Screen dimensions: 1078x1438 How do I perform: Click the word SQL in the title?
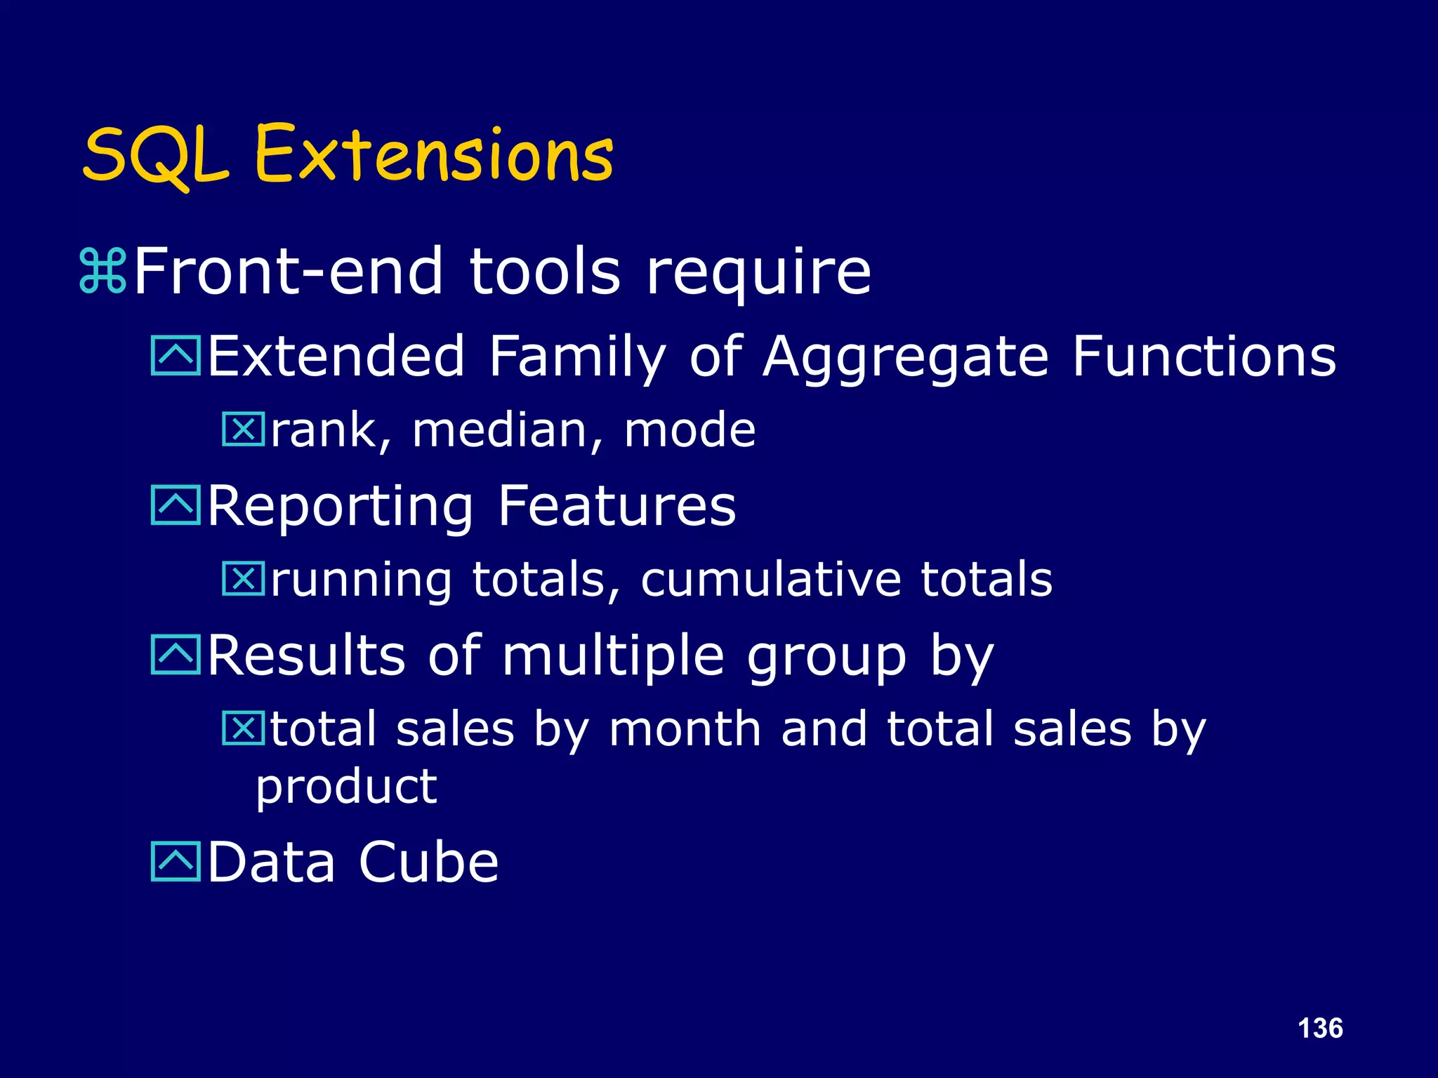point(156,156)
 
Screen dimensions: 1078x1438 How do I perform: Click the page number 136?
point(1320,1028)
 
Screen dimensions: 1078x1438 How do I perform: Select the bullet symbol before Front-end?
point(103,271)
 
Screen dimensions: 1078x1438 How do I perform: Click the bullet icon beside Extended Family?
point(176,356)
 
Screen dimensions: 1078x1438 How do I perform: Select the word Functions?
point(1203,356)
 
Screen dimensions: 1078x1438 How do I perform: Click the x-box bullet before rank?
point(243,430)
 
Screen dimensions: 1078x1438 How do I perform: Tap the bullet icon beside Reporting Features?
point(176,505)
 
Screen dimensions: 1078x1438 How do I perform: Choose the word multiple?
point(612,657)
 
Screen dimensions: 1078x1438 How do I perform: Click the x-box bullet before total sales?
point(243,728)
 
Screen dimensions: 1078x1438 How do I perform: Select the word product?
point(346,787)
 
